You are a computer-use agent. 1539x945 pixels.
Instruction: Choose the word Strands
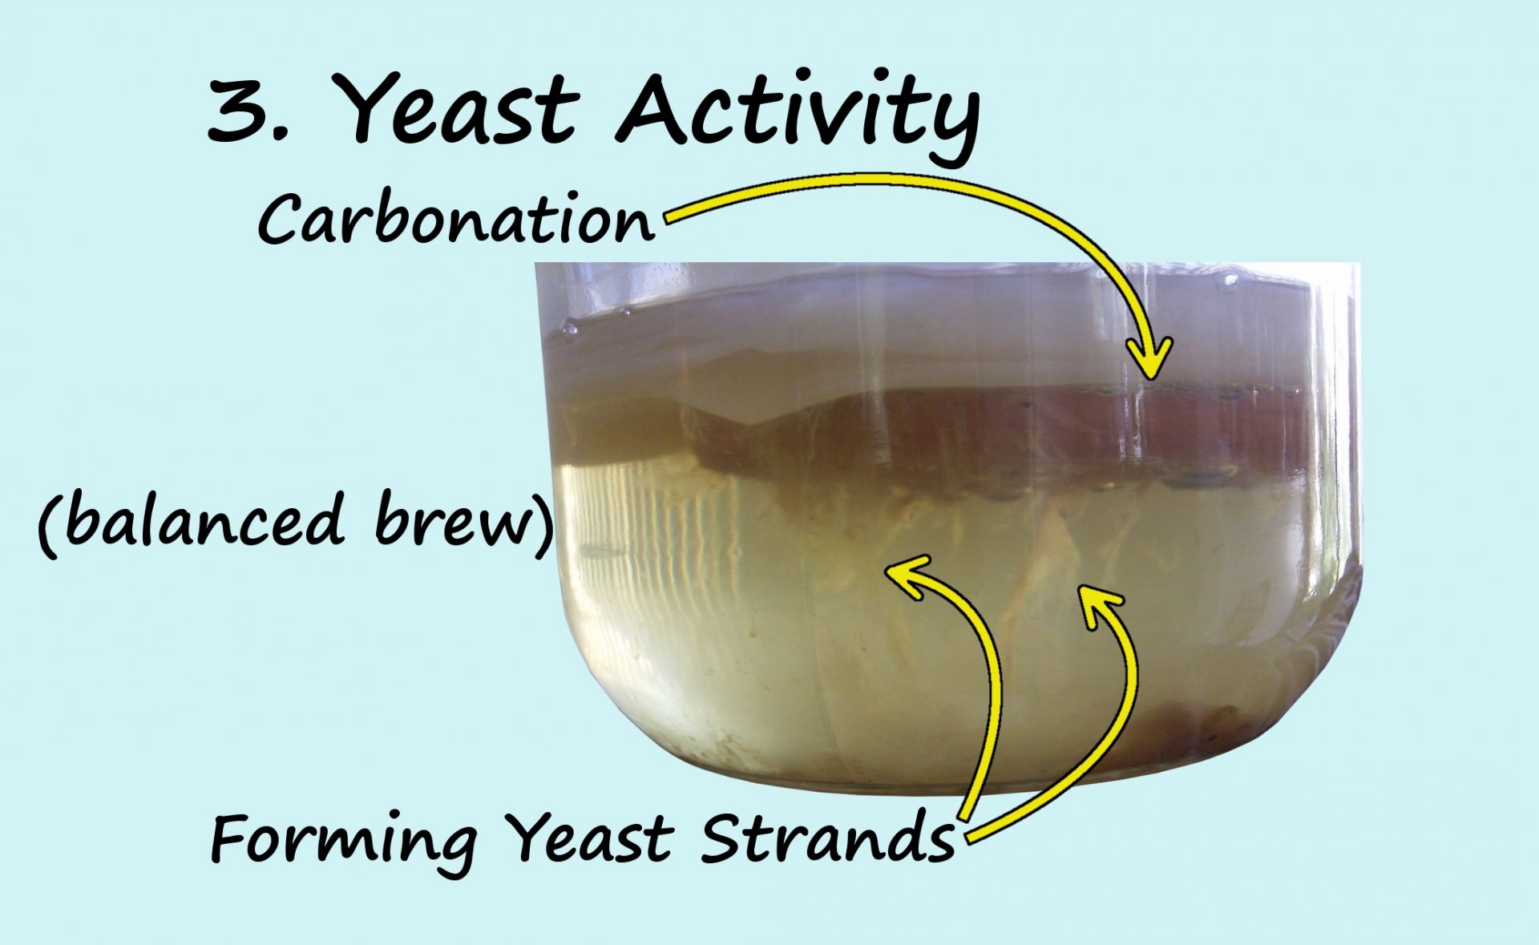pyautogui.click(x=828, y=838)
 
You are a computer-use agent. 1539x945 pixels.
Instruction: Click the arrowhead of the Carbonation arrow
pyautogui.click(x=1150, y=358)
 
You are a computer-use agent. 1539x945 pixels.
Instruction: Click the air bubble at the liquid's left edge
pyautogui.click(x=571, y=328)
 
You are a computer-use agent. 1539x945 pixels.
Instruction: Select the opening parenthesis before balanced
pyautogui.click(x=49, y=523)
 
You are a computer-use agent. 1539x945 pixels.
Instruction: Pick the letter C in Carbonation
pyautogui.click(x=281, y=220)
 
